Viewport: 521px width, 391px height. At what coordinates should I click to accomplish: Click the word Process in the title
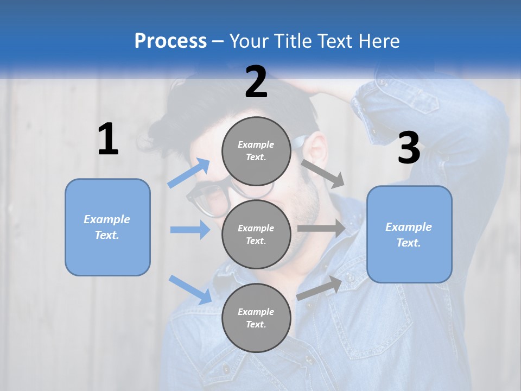170,41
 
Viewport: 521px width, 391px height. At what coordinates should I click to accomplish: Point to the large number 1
108,140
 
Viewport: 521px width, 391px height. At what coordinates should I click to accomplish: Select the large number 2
256,82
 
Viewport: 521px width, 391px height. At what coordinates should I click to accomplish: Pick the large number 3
409,148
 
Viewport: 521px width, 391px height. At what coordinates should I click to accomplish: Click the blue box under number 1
107,227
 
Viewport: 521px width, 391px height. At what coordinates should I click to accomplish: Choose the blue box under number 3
409,235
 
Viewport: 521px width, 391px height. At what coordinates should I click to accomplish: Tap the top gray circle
256,151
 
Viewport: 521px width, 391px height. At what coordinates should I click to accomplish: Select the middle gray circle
256,234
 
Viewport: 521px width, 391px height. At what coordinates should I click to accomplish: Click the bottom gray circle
256,318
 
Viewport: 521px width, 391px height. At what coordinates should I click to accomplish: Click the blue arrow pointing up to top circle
189,173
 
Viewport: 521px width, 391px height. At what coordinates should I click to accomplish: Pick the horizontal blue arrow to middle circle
190,230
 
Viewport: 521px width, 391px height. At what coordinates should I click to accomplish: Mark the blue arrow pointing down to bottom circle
190,289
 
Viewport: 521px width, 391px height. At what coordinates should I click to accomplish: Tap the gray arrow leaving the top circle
323,172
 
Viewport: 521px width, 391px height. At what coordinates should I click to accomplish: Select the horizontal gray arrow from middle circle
321,229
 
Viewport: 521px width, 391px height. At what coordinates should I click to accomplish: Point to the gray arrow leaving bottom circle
320,288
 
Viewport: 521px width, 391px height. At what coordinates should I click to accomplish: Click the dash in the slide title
218,41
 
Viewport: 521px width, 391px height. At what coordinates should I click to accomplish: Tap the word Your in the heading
249,41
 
